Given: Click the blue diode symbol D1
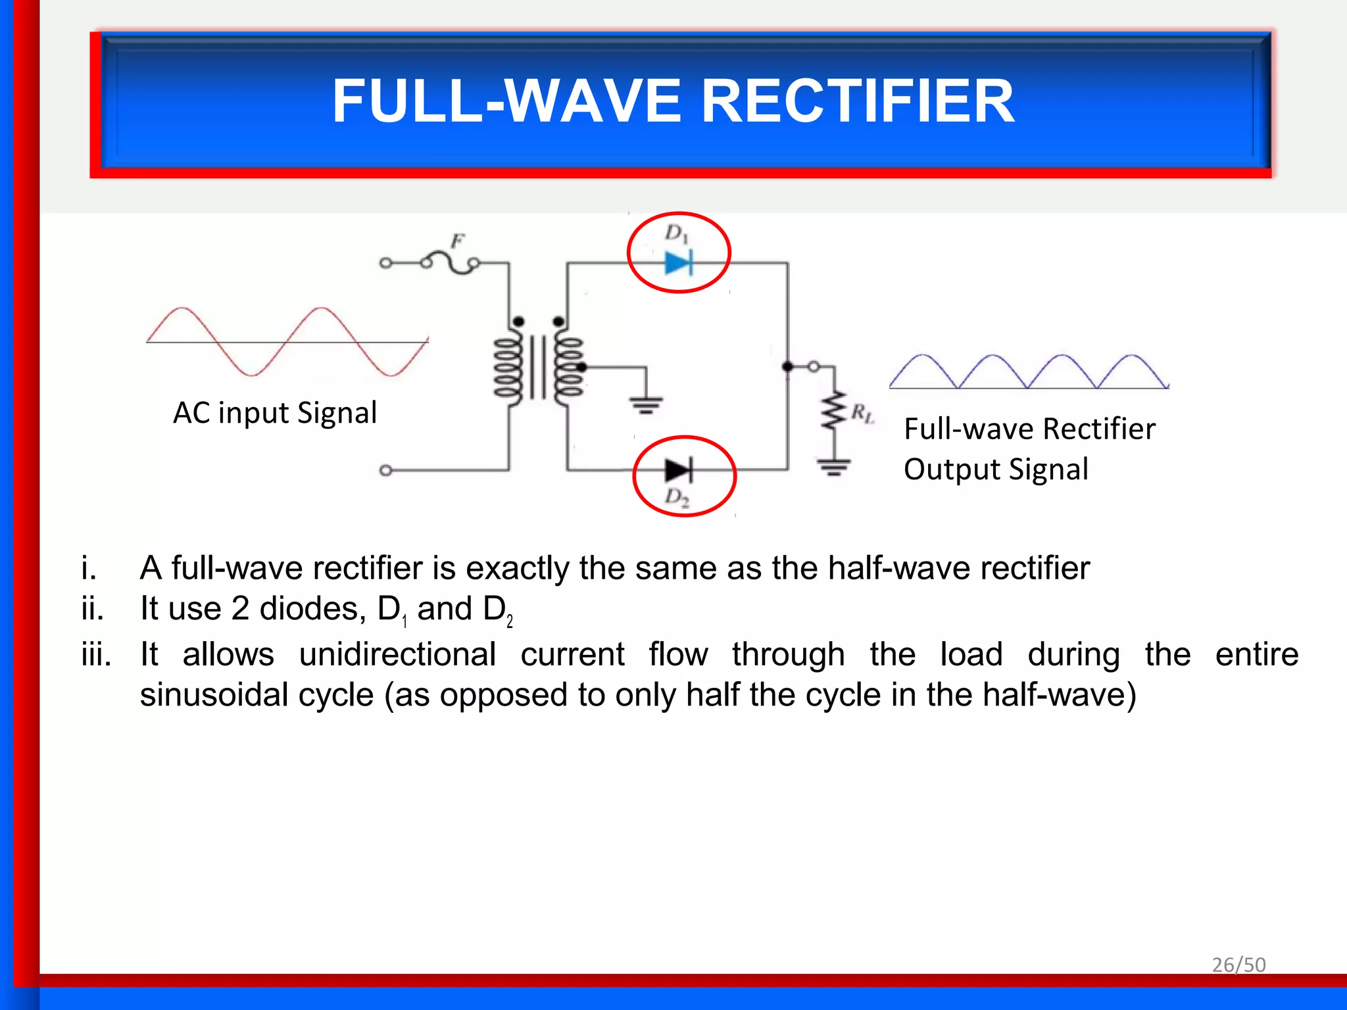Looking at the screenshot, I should [x=678, y=264].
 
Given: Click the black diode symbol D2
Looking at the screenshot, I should [x=678, y=471].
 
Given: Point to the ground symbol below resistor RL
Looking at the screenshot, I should [x=834, y=467].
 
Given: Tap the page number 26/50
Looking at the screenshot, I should [x=1238, y=965].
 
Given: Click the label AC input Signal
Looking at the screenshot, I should [x=275, y=413].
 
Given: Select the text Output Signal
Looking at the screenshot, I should [x=996, y=469].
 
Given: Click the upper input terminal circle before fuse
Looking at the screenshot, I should [x=386, y=264].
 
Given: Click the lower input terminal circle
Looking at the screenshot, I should [x=386, y=470].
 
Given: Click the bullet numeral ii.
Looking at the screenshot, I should [x=93, y=609].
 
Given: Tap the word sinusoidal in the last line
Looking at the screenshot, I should [x=257, y=695].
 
